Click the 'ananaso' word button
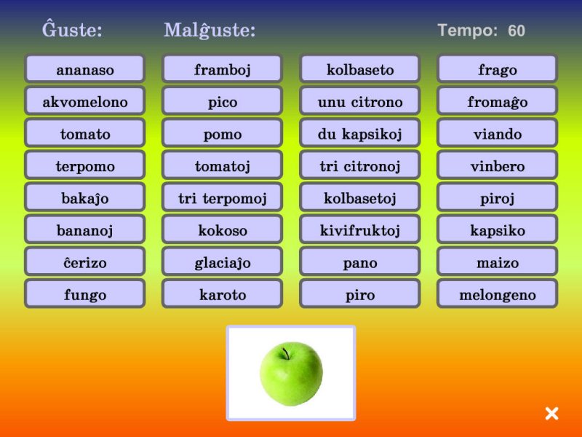pos(84,68)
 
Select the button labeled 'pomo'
pos(222,133)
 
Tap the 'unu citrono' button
pos(359,101)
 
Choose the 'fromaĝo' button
pos(497,101)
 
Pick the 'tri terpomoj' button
pos(222,197)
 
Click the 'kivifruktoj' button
pos(359,229)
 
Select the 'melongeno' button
pos(497,294)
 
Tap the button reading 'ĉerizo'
pos(84,261)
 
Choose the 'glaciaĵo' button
pos(222,261)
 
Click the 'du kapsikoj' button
pos(359,133)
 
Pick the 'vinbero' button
pos(497,165)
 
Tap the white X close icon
pos(551,413)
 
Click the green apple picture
pos(291,374)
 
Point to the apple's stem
pos(286,353)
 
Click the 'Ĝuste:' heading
pos(72,29)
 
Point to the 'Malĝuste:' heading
pos(210,30)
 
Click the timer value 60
pos(517,31)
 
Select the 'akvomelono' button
pos(84,101)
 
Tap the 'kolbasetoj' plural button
pos(359,197)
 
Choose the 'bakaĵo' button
pos(84,197)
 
